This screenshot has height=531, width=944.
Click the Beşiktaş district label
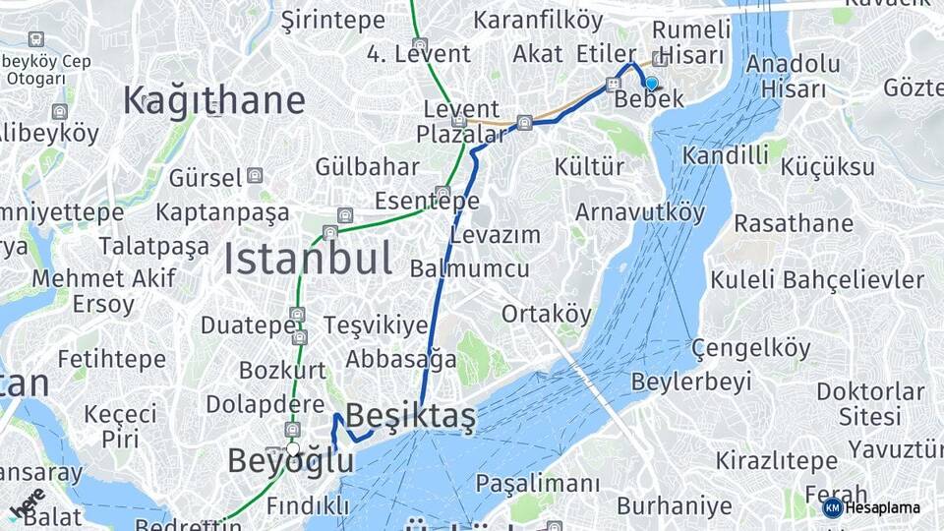(x=411, y=417)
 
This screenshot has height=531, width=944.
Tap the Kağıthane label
(x=213, y=100)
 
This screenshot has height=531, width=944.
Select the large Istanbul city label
(x=308, y=259)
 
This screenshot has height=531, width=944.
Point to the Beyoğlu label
(x=290, y=460)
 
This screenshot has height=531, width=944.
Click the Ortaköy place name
(x=547, y=315)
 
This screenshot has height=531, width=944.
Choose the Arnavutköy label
(x=640, y=212)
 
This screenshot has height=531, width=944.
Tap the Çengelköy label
(x=750, y=348)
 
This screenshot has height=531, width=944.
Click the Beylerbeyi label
(x=691, y=381)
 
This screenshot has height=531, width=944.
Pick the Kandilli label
(x=725, y=155)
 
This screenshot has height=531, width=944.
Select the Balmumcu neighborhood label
(x=469, y=268)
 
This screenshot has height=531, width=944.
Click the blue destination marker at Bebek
(x=651, y=84)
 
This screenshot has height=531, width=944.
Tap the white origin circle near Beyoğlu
(x=292, y=449)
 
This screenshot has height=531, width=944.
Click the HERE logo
(x=27, y=503)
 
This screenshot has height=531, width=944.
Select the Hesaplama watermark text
(x=882, y=507)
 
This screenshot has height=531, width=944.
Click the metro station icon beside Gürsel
(x=255, y=177)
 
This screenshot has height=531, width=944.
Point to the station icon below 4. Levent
(x=420, y=44)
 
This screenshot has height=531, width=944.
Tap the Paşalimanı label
(x=537, y=484)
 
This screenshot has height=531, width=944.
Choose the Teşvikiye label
(x=375, y=324)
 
